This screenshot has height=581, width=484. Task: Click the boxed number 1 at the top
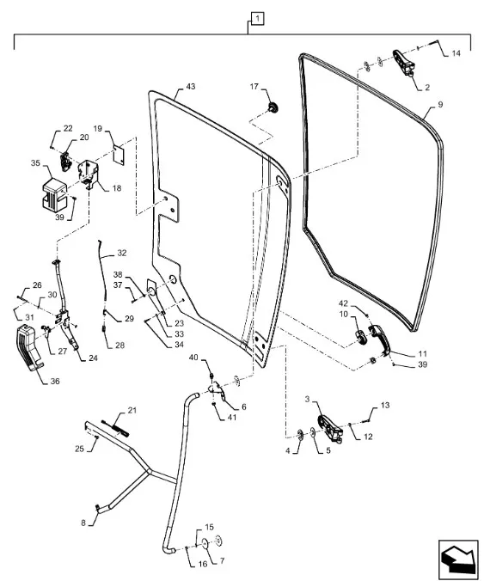coord(258,19)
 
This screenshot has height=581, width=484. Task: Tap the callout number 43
coord(190,86)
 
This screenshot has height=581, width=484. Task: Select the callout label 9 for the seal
coord(440,105)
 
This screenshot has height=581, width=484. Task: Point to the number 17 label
coord(254,87)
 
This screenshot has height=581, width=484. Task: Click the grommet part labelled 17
coord(273,107)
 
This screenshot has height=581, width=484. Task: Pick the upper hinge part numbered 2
coord(403,62)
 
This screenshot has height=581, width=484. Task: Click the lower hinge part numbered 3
coord(329,428)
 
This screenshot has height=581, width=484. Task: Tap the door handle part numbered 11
coord(379,339)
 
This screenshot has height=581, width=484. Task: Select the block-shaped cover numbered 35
coord(54,193)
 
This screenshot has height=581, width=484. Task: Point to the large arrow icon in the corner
coord(458,559)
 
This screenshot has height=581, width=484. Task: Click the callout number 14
coord(456,53)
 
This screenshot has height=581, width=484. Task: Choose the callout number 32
coord(122,253)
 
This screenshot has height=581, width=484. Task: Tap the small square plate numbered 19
coord(119,155)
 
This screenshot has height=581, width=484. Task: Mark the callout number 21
coord(132,410)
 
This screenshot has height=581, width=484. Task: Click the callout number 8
coord(83,523)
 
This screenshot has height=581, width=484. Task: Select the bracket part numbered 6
coord(217,391)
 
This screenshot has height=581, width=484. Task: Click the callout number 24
coord(93,358)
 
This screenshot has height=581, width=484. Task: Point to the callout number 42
coord(344,304)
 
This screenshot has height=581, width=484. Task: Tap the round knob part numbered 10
coord(361,337)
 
